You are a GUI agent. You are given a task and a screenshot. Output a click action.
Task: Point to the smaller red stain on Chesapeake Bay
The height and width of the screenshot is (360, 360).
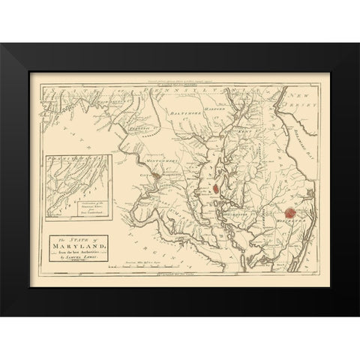[x=217, y=190]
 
